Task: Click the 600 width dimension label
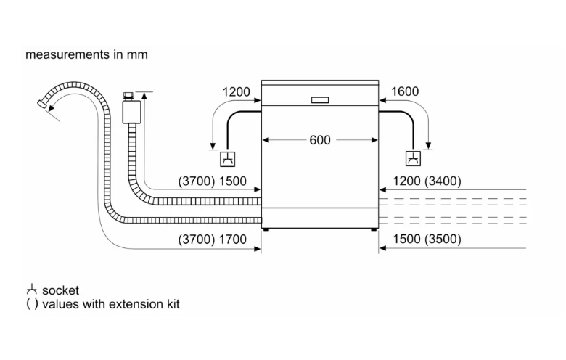(320, 140)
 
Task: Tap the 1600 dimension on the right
(405, 91)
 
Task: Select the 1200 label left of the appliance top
(236, 91)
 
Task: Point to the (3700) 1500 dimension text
(212, 181)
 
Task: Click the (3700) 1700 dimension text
(212, 239)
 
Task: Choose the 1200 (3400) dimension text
(427, 181)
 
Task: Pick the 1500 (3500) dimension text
(427, 239)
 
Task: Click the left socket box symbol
(227, 159)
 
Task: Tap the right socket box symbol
(413, 159)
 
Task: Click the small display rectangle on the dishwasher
(320, 100)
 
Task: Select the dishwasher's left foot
(266, 229)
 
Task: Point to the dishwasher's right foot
(374, 229)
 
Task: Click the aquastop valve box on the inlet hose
(131, 112)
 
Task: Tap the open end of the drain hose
(42, 104)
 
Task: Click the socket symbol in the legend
(32, 290)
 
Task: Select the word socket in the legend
(60, 290)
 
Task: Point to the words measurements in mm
(86, 54)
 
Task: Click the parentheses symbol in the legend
(32, 304)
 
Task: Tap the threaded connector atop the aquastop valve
(128, 96)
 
